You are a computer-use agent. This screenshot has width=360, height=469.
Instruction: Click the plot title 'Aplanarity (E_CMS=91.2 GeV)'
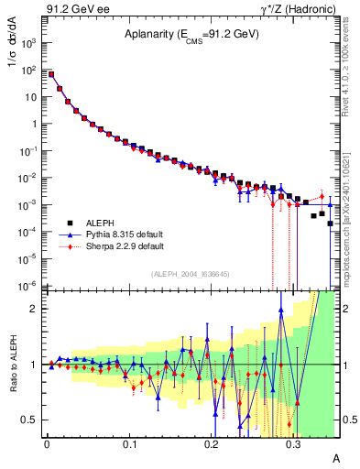pos(191,34)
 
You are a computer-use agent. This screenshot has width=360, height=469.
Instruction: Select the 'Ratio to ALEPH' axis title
pos(13,364)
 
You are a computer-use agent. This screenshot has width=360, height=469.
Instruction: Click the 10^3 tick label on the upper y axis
pos(30,42)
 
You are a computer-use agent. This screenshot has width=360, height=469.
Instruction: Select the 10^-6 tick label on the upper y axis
pos(30,286)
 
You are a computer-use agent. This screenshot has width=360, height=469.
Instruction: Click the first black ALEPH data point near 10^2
pos(51,74)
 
